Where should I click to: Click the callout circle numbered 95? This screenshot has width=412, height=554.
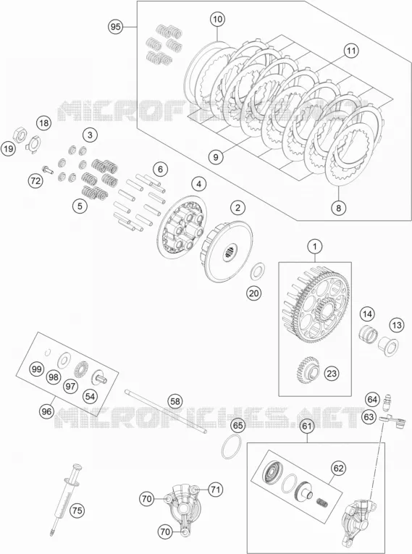point(116,27)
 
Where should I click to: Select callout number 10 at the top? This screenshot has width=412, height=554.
point(218,19)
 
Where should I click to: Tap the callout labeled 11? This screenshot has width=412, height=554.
point(350,51)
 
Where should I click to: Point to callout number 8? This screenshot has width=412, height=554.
point(338,208)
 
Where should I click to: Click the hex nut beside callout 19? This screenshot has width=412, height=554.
point(18,134)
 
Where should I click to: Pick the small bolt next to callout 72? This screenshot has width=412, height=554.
point(47,169)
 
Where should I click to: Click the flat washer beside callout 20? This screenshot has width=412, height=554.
point(257,271)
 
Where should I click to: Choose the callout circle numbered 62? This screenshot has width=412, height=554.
point(338,469)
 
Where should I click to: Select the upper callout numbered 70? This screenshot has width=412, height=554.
point(147,499)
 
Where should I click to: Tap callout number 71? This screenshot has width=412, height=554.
point(215,490)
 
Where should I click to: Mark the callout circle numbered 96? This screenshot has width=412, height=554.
point(46,411)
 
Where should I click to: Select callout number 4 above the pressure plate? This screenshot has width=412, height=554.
point(199,184)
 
